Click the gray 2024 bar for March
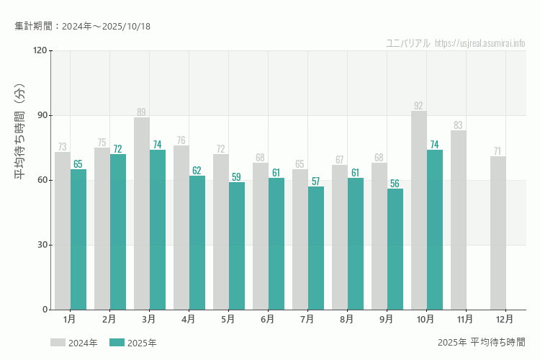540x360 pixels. coord(142,213)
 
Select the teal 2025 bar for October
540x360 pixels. coord(435,230)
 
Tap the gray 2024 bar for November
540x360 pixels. coord(459,220)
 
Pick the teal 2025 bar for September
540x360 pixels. coord(395,249)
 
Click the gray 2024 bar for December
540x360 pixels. coord(498,233)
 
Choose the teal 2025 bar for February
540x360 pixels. coord(118,232)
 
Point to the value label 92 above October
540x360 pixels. coord(418,106)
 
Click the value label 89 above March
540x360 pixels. coord(141,112)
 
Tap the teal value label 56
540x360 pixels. coord(395,184)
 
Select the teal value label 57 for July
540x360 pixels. coord(315,181)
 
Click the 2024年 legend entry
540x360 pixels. coord(74,343)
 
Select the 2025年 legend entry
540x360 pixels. coord(133,343)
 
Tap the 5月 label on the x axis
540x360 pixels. coord(228,318)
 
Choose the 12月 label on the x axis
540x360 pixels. coord(505,318)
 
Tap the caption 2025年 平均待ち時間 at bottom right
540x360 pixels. coord(481,342)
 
